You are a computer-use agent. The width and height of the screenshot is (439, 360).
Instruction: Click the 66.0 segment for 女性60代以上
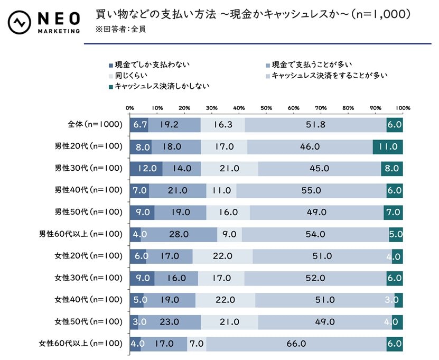click(x=296, y=343)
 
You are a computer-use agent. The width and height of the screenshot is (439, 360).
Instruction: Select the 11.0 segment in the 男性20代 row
click(x=387, y=147)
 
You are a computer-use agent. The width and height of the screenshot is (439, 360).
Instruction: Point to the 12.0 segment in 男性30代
click(x=146, y=169)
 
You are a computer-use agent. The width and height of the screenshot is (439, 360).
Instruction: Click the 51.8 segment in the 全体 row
click(x=315, y=125)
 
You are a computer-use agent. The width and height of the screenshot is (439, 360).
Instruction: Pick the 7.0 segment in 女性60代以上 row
click(x=197, y=343)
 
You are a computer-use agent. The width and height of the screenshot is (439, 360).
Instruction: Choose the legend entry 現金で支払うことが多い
click(x=311, y=65)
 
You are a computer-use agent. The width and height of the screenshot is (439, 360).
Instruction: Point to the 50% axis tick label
click(x=266, y=108)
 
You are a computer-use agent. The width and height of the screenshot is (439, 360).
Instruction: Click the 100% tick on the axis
click(x=403, y=108)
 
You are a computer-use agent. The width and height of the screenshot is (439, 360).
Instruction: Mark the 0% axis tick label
click(x=129, y=108)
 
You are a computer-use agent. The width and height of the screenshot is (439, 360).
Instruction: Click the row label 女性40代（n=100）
click(x=88, y=300)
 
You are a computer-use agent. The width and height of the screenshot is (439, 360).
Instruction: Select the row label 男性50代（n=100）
click(x=88, y=212)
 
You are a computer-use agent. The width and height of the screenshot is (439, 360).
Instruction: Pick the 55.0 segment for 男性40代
click(x=311, y=190)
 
